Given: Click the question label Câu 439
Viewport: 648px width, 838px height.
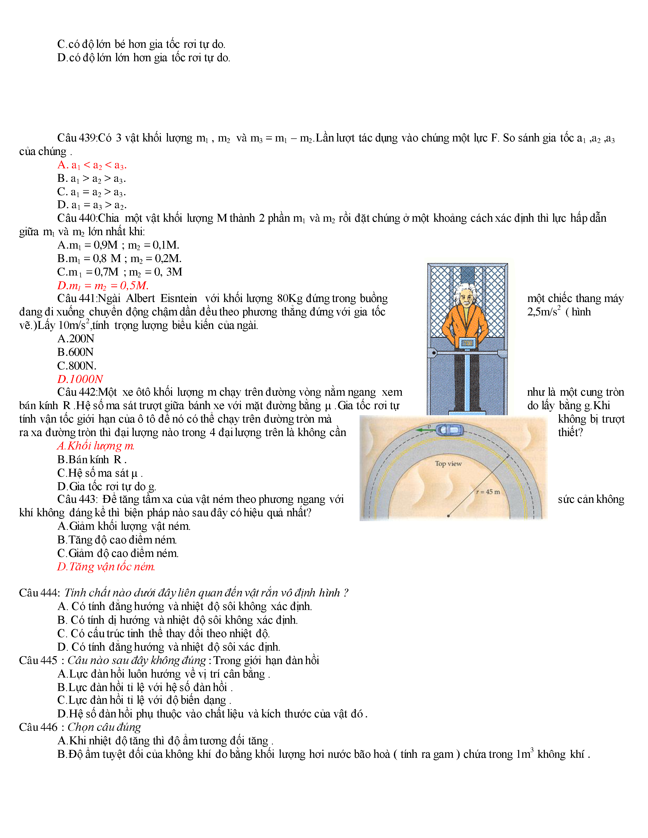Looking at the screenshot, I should (77, 138).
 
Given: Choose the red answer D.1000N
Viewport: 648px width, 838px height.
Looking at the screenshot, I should (80, 379).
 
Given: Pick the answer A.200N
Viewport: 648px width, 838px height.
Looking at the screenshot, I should (76, 339).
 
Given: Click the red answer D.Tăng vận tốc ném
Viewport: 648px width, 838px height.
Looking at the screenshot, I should (106, 567).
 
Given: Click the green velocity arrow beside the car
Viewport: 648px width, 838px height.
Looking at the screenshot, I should (425, 430).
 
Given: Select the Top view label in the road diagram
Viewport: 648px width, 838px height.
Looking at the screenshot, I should (448, 463).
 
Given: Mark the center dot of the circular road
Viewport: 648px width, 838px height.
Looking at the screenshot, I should (448, 516).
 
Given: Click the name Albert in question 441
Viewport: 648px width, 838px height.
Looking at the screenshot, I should (141, 299).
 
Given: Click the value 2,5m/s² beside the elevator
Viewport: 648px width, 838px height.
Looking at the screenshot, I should (544, 312).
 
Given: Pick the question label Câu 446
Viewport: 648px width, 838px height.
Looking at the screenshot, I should (38, 727).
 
